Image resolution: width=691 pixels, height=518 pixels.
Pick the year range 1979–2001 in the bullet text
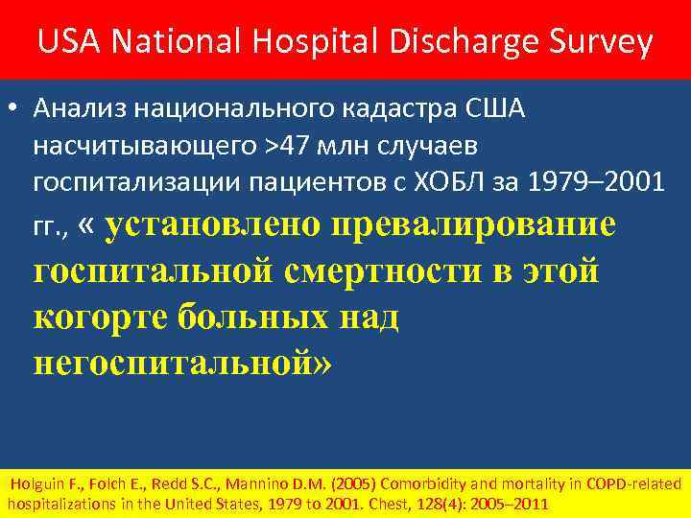[x=602, y=180]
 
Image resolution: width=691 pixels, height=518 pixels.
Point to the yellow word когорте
[x=100, y=316]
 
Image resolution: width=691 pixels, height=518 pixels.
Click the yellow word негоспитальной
[x=181, y=362]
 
